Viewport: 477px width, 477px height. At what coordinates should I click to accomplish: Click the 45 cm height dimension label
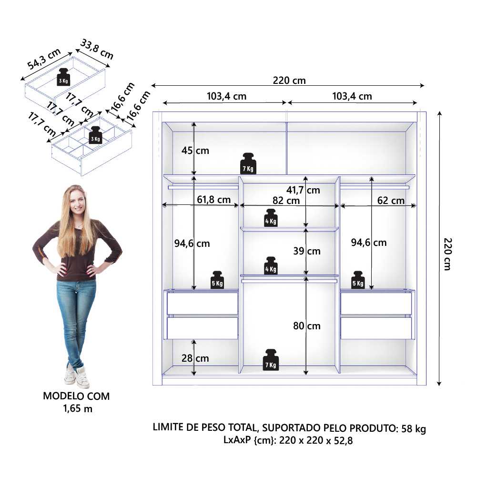tap(195, 151)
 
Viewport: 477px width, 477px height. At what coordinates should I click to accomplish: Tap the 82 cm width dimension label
tap(286, 201)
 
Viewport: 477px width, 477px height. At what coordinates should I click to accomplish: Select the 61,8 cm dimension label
tap(213, 200)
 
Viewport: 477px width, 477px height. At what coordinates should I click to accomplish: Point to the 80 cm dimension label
tap(307, 326)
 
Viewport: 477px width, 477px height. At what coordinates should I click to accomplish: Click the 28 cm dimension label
tap(195, 358)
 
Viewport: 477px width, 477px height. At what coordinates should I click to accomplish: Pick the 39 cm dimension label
tap(307, 251)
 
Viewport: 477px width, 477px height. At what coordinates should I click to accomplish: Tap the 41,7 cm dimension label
tap(303, 190)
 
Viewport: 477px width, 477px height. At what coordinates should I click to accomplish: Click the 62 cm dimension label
tap(391, 201)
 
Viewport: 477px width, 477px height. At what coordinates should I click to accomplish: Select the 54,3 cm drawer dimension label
tap(44, 59)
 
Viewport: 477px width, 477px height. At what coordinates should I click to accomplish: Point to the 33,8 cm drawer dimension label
tap(97, 49)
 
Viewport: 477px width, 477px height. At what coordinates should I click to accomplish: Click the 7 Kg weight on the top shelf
tap(248, 163)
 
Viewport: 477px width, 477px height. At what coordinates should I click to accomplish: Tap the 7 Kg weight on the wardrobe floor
tap(271, 360)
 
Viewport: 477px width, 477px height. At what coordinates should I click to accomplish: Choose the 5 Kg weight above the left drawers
tap(217, 280)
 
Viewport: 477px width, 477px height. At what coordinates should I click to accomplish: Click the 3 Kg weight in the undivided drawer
tap(63, 77)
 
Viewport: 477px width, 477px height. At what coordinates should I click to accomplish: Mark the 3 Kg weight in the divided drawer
tap(95, 135)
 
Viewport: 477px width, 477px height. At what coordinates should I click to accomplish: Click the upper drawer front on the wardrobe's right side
tap(376, 303)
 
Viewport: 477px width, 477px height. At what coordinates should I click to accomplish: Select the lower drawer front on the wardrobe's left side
tap(203, 328)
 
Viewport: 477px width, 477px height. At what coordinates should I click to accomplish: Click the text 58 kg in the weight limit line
tap(414, 428)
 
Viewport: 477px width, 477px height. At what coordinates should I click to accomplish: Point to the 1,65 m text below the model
tap(78, 408)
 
